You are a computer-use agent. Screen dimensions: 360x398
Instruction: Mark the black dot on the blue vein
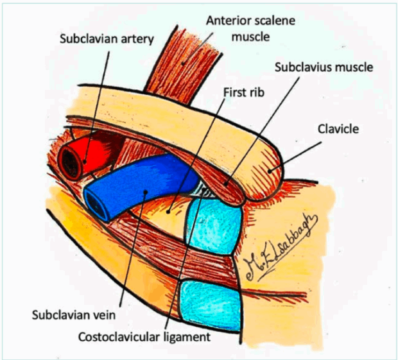(147, 192)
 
